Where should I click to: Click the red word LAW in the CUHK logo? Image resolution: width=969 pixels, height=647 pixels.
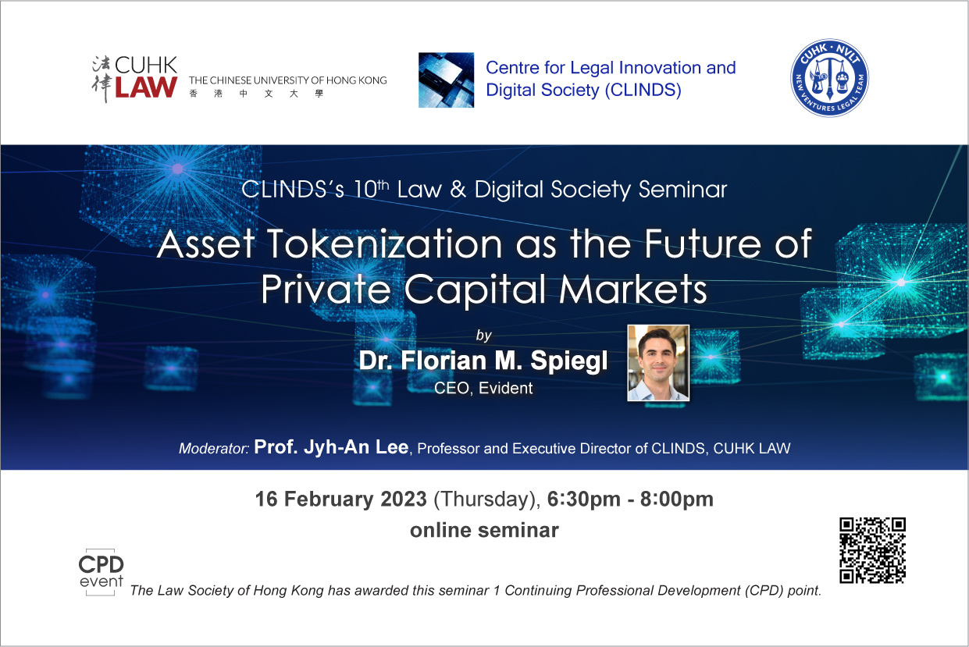click(x=146, y=87)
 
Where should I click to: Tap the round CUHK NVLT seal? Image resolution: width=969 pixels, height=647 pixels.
click(x=829, y=78)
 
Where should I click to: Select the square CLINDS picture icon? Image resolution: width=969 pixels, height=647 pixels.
click(x=446, y=80)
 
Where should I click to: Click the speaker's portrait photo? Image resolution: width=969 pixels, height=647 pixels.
click(x=658, y=363)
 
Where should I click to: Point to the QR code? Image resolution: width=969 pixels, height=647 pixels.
click(x=872, y=550)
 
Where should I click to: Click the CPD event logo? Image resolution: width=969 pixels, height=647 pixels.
click(x=101, y=572)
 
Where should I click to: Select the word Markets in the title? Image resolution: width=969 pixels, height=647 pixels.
click(x=633, y=290)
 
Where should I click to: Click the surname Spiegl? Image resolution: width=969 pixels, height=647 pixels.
click(x=569, y=361)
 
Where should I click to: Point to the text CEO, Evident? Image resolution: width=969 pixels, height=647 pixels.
click(x=483, y=388)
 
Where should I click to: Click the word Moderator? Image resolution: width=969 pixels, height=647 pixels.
click(x=214, y=449)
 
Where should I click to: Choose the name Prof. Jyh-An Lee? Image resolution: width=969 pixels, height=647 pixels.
click(x=331, y=447)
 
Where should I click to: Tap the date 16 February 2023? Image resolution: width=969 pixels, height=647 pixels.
click(x=341, y=499)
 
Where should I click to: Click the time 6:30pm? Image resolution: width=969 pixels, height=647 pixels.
click(x=584, y=499)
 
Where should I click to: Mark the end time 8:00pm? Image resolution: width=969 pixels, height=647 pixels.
click(x=676, y=499)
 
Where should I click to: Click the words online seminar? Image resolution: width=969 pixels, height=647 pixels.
click(x=484, y=530)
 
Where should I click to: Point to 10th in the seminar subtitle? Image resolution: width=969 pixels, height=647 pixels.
click(x=372, y=190)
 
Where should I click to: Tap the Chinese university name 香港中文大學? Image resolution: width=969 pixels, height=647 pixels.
click(x=257, y=94)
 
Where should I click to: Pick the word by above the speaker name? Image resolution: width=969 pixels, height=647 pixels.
click(x=484, y=336)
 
